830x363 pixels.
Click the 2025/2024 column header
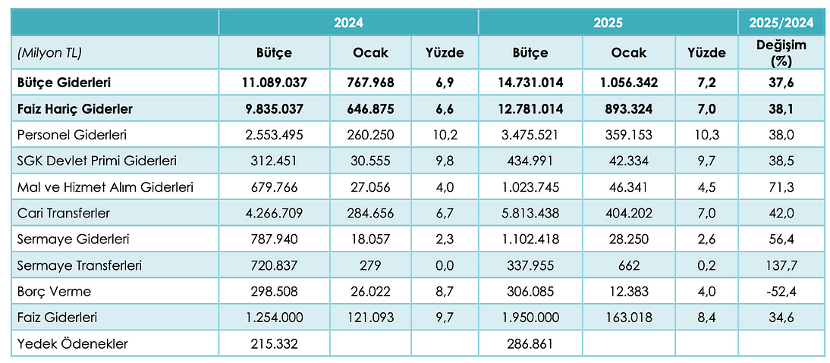coord(781,23)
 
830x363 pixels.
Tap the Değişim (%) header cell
coord(781,53)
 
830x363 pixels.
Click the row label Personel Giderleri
coord(73,135)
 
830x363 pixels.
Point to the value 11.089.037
coord(274,83)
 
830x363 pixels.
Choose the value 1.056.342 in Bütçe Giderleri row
coord(629,83)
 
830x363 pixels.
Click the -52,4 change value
coord(781,291)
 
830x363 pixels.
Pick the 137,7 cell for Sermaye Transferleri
coord(781,265)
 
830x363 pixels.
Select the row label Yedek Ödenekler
coord(73,344)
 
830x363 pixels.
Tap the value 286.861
coord(530,344)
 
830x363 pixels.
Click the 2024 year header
coord(348,23)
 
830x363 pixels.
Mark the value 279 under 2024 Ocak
coord(370,265)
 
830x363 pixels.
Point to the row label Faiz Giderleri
coord(57,318)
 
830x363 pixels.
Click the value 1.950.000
coord(530,318)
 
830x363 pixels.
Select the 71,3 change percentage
coord(781,186)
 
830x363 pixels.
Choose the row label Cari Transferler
coord(64,213)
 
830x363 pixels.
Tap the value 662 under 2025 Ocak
coord(629,265)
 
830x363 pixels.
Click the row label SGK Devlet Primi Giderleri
coord(97,161)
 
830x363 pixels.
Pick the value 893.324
coord(629,109)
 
